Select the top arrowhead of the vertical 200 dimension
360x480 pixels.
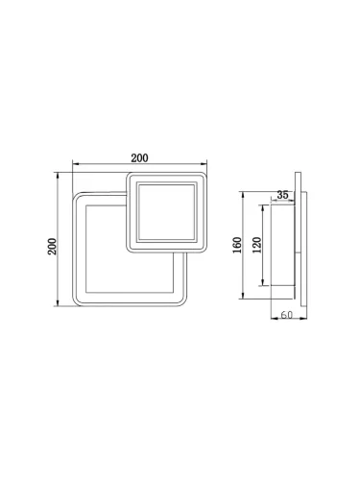click(60, 175)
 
